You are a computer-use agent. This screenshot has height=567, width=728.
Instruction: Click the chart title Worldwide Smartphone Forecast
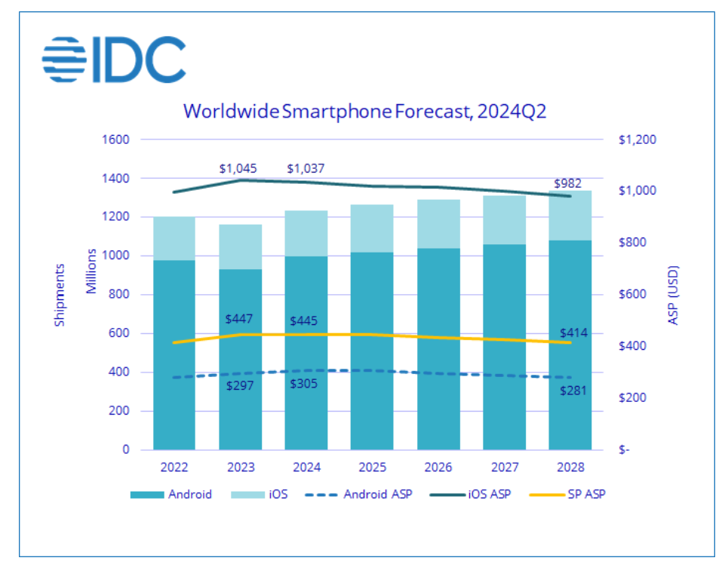[x=364, y=112]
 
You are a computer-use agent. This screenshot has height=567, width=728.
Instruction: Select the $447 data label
[x=238, y=319]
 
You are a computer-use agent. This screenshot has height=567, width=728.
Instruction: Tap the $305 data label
[x=303, y=383]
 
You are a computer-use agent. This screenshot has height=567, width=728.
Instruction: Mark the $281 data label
[x=573, y=390]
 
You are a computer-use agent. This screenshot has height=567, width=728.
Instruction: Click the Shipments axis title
[x=60, y=294]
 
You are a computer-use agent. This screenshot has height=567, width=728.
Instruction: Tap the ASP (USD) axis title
[x=674, y=295]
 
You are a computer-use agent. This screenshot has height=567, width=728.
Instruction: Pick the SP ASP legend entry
[x=570, y=495]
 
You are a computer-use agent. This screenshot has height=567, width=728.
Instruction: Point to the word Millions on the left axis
[x=91, y=271]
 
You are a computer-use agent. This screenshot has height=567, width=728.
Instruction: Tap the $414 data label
[x=573, y=333]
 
